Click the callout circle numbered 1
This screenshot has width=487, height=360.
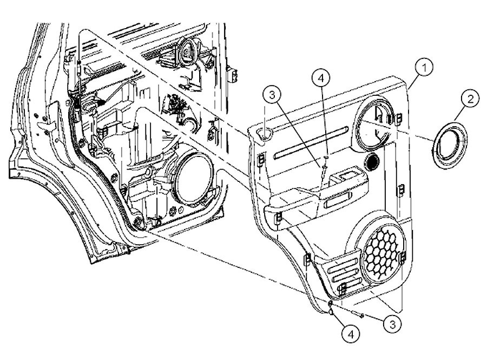(426, 69)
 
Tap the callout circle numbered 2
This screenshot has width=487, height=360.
(469, 99)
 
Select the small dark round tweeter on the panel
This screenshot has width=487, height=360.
(372, 161)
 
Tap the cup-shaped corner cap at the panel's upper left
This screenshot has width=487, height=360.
(265, 133)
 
